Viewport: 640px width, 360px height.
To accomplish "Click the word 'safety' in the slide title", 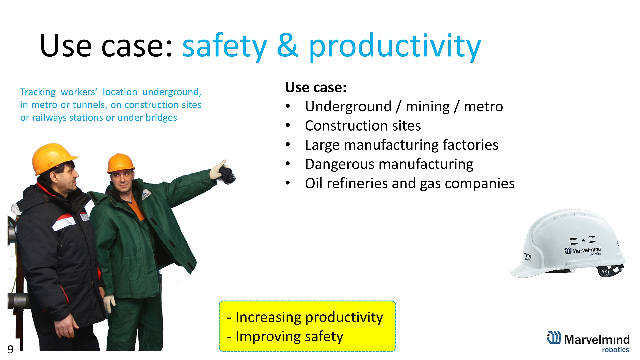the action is click(224, 46).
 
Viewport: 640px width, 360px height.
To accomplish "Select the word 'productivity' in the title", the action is click(395, 46).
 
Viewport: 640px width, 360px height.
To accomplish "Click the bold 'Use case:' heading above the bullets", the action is click(316, 87).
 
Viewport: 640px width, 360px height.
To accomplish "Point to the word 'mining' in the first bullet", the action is click(428, 107).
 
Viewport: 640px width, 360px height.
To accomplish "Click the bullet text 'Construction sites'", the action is click(363, 126).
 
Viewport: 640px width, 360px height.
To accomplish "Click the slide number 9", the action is click(10, 349).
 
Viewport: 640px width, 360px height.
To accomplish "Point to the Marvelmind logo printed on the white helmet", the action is click(583, 251).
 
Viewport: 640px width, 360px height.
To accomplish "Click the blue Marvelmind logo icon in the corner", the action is click(554, 337).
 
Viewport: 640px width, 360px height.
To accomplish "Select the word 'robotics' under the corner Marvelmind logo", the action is click(615, 350).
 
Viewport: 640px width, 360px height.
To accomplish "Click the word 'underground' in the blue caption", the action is click(172, 92).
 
